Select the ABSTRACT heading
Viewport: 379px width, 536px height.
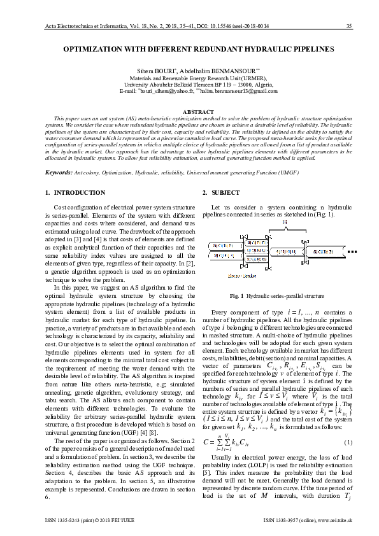tap(189, 111)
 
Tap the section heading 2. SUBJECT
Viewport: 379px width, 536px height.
tap(221, 192)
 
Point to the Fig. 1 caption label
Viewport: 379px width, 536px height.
tap(236, 296)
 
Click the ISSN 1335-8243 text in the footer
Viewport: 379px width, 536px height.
tap(76, 521)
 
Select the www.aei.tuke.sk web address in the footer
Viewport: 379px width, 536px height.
tap(334, 521)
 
